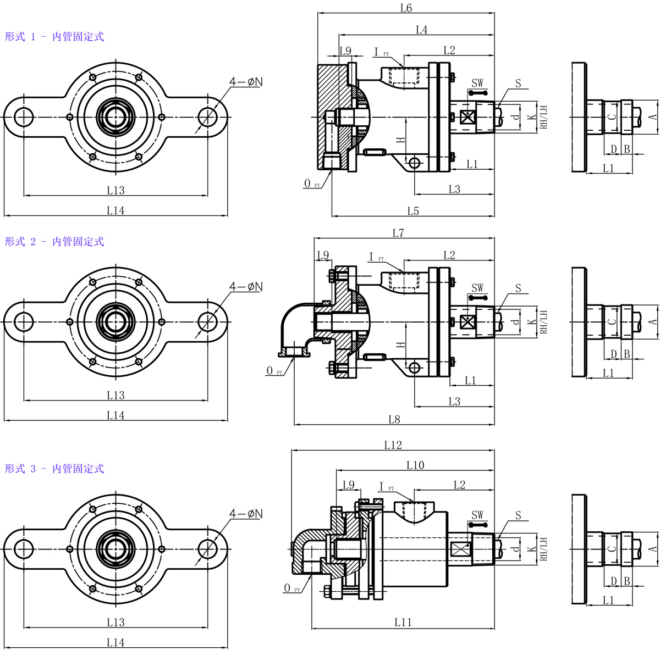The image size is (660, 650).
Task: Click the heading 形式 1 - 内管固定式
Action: (x=54, y=37)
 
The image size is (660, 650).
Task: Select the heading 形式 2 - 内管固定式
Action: (x=54, y=242)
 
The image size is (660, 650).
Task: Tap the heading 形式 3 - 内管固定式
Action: (x=54, y=469)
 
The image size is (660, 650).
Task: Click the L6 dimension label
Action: (x=406, y=8)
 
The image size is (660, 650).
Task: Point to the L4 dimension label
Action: (x=421, y=30)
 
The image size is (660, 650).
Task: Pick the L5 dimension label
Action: (x=413, y=211)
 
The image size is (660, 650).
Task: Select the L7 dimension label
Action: (x=399, y=234)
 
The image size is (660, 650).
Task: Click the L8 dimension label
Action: (x=394, y=420)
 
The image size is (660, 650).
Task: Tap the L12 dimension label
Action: (x=393, y=445)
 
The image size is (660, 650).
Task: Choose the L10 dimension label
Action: (x=415, y=465)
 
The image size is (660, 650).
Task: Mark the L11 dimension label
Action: (x=403, y=623)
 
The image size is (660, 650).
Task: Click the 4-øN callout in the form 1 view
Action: (x=246, y=82)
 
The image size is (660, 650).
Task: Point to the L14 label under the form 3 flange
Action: (x=116, y=642)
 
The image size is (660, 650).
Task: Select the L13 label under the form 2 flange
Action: (x=116, y=395)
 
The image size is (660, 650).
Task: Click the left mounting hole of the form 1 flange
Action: (x=24, y=116)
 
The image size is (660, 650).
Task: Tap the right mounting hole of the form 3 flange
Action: (x=207, y=548)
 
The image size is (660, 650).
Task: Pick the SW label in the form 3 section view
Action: (x=477, y=515)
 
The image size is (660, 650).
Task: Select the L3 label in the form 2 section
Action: (x=454, y=402)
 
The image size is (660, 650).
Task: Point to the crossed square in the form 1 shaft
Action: (x=469, y=117)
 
